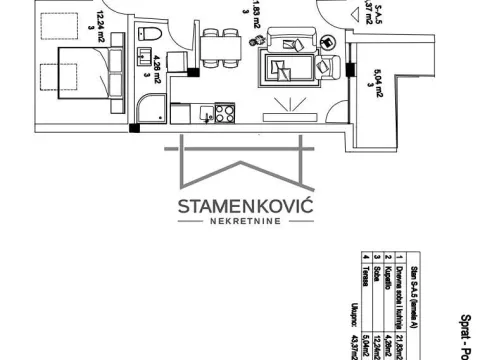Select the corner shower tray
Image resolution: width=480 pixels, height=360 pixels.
151,110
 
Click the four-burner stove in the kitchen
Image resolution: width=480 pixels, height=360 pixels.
224,112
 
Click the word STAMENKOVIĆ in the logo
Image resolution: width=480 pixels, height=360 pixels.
232,207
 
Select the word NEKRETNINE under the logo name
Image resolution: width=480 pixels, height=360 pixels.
232,225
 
